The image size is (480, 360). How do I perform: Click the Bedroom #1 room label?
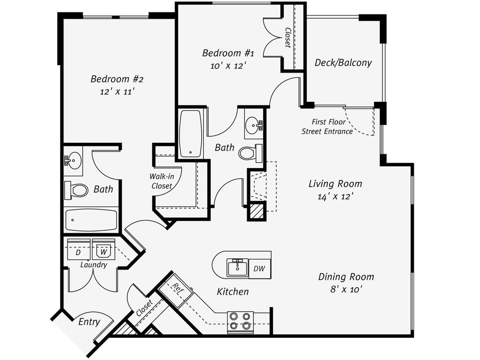click(228, 53)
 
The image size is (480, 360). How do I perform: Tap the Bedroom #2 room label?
click(116, 79)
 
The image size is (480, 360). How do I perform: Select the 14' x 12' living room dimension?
click(335, 196)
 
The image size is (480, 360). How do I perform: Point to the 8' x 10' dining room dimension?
click(346, 289)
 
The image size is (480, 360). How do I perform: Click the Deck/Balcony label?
click(343, 63)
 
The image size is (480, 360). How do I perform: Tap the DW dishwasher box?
click(259, 269)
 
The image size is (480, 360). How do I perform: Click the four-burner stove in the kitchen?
click(240, 322)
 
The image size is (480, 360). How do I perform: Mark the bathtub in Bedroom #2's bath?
click(91, 220)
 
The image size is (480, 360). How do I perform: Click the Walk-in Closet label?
click(161, 181)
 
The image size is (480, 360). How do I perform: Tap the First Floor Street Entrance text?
click(327, 127)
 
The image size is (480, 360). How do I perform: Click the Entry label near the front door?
click(89, 322)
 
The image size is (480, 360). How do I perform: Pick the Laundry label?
click(93, 265)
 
